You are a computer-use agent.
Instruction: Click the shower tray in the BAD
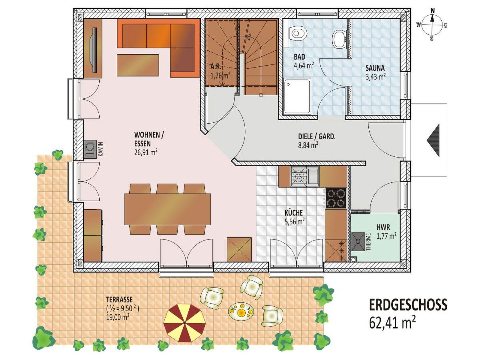297,96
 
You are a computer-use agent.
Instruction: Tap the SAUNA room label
375,68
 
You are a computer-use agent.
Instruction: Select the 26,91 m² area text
146,152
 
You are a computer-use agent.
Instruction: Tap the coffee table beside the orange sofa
138,65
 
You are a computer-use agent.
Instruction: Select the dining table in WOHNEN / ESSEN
167,209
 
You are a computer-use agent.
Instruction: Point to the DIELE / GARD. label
317,136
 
